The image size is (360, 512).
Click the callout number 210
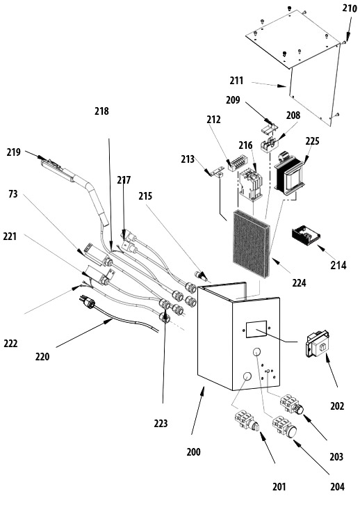click(350, 8)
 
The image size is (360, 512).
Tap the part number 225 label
click(312, 141)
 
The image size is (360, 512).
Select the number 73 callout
click(13, 194)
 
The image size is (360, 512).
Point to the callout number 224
click(299, 282)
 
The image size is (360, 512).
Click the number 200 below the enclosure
click(193, 452)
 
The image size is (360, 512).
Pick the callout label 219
click(13, 152)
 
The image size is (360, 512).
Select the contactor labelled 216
click(250, 184)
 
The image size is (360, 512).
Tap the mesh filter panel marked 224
click(252, 243)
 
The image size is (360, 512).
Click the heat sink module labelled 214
click(306, 236)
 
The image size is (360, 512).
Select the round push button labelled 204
click(285, 426)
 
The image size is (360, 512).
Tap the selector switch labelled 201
click(247, 422)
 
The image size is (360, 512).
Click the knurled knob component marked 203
click(291, 405)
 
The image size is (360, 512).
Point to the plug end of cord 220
click(87, 302)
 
